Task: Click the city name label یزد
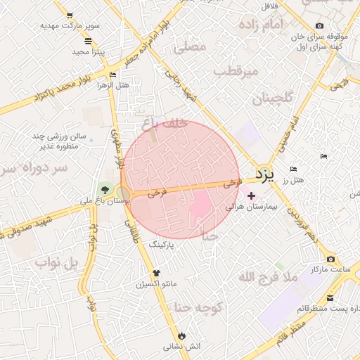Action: pos(262,174)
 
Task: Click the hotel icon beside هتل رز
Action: pos(293,169)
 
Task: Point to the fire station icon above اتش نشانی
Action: pos(182,335)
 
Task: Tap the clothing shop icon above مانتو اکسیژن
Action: pos(155,274)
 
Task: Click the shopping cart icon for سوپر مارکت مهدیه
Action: pos(69,15)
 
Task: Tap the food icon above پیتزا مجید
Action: pos(88,41)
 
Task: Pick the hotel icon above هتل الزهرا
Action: pos(112,75)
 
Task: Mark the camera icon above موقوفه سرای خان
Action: pos(320,26)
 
